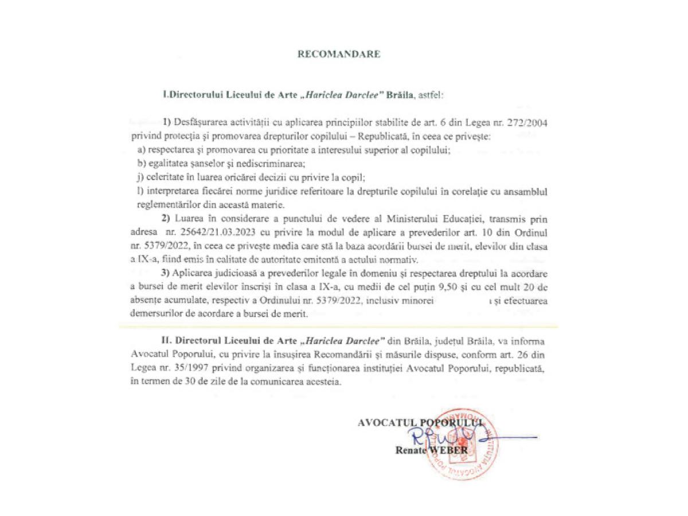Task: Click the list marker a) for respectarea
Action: click(141, 150)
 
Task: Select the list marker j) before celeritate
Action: click(140, 178)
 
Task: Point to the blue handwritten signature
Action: click(459, 437)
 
